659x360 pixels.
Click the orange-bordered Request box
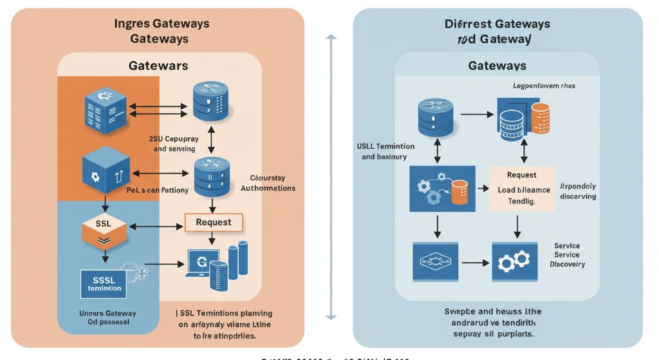click(x=214, y=222)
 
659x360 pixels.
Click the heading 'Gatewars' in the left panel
click(x=158, y=66)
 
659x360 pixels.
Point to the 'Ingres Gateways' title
click(x=162, y=24)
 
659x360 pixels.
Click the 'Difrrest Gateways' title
click(x=497, y=24)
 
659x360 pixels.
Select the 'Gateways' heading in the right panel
click(x=497, y=66)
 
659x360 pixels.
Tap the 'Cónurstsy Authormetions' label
click(x=268, y=183)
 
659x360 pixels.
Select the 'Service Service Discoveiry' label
click(x=567, y=255)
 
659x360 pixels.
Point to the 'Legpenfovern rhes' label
click(x=544, y=86)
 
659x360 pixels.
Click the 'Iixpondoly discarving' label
click(x=578, y=191)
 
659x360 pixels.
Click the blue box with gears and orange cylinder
click(x=442, y=189)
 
